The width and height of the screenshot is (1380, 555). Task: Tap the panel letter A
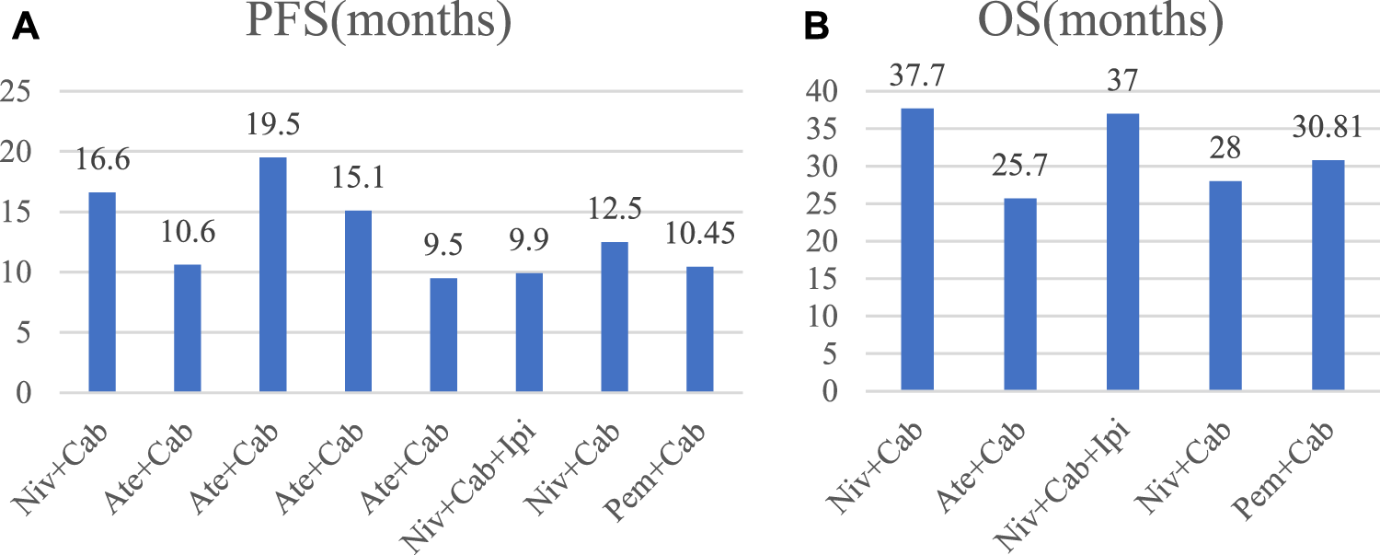26,29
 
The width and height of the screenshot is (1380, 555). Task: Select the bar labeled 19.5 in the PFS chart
272,275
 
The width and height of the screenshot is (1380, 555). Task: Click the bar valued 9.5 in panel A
443,336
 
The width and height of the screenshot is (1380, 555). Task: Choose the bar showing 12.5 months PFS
615,318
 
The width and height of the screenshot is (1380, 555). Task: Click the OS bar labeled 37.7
917,249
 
